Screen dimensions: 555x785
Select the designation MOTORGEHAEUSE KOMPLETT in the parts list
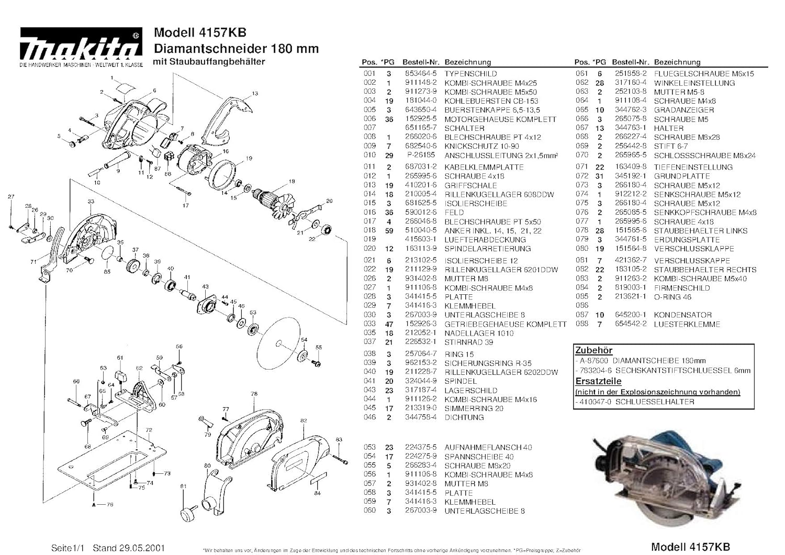[x=500, y=119]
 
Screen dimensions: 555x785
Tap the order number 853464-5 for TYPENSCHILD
[x=420, y=74]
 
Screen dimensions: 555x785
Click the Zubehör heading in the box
[x=593, y=350]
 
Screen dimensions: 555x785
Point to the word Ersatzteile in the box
[x=598, y=381]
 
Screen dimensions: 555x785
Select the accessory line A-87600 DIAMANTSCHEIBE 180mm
[x=642, y=360]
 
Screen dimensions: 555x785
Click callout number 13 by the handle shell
[x=255, y=94]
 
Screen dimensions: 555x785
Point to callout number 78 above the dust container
[x=254, y=394]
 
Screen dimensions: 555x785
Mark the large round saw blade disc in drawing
[x=279, y=340]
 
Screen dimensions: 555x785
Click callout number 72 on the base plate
[x=149, y=430]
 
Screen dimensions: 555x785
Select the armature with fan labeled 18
[x=275, y=202]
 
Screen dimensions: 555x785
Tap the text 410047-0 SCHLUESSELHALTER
[x=636, y=402]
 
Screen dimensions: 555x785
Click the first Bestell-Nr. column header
[x=420, y=62]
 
